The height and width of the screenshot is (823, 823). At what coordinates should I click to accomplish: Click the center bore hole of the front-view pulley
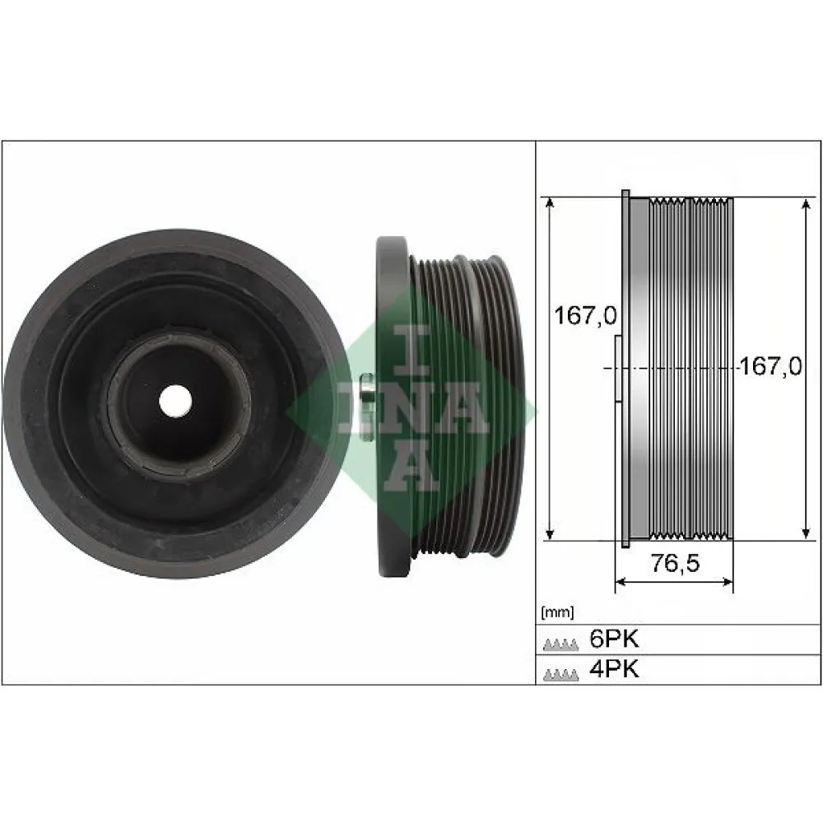coord(175,401)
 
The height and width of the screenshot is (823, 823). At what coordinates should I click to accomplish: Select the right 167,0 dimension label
coord(770,366)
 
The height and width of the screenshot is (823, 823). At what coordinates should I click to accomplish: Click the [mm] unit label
coord(557,611)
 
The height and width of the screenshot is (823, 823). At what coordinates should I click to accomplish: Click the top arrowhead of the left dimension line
coord(550,202)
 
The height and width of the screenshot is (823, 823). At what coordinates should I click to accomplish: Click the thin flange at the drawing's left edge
coord(625,369)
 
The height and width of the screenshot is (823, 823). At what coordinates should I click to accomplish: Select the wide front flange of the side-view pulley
coord(393,407)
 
